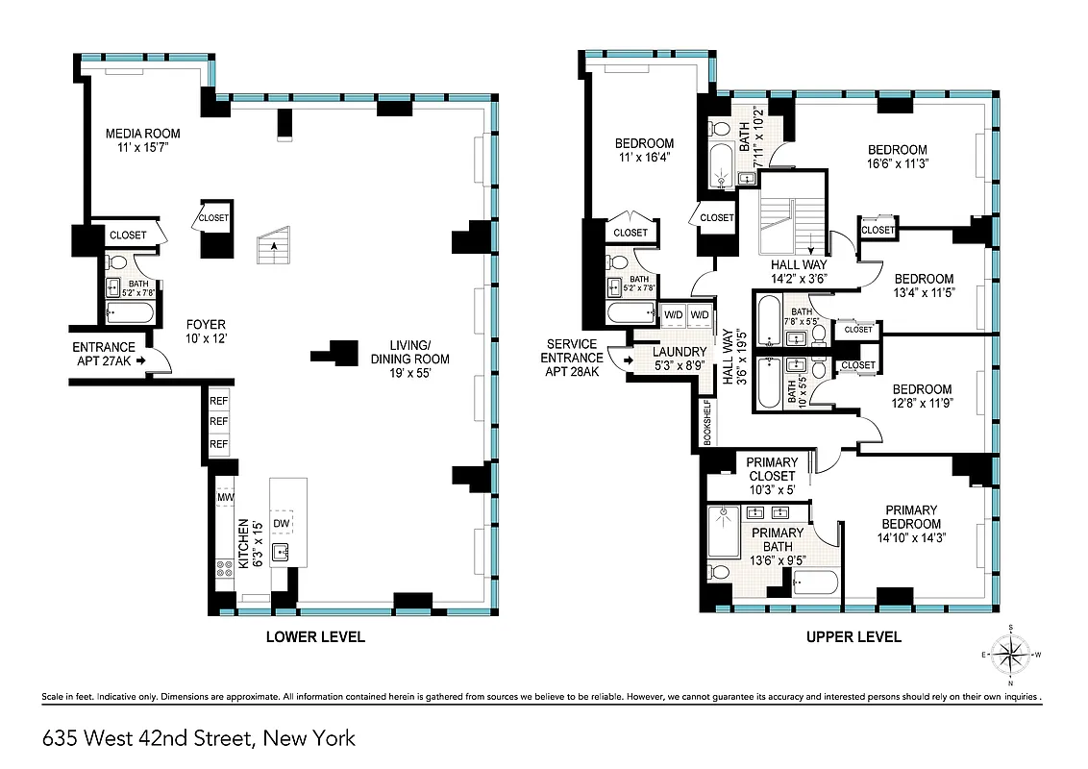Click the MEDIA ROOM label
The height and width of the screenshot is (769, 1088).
click(142, 134)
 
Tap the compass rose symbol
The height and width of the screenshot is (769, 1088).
click(1010, 656)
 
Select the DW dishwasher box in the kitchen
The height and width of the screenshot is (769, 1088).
click(282, 523)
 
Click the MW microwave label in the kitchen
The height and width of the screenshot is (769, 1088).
click(225, 497)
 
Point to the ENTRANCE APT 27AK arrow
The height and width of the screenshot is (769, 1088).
click(140, 360)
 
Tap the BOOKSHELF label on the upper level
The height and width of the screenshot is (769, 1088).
click(706, 421)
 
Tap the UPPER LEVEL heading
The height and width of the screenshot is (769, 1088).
click(853, 636)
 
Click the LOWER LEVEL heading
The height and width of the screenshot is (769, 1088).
click(315, 636)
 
